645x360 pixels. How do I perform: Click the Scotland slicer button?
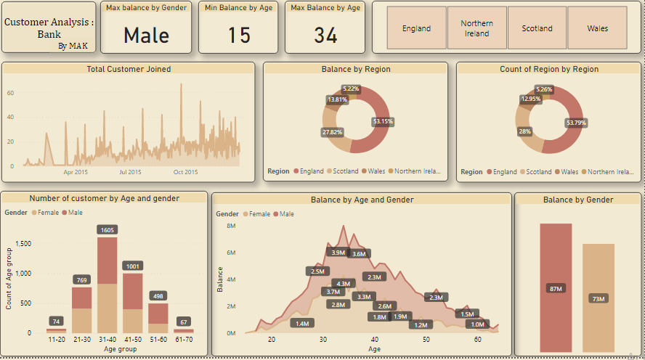tap(537, 28)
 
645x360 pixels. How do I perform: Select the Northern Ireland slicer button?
tap(476, 28)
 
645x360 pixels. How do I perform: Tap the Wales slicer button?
tap(597, 28)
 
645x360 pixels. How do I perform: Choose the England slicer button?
tap(416, 28)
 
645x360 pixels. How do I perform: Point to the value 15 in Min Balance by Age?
tap(238, 35)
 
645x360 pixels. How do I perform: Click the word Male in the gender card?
tap(146, 35)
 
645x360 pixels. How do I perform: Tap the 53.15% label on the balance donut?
tap(382, 121)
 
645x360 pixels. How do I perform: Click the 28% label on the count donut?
tap(524, 131)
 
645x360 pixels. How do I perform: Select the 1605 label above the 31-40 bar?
tap(107, 229)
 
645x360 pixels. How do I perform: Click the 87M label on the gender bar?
tap(556, 289)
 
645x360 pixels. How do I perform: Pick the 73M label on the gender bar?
tap(599, 298)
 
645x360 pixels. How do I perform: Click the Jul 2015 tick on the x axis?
tap(130, 172)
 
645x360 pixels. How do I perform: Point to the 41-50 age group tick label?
tap(132, 338)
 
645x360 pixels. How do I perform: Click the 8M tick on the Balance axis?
tap(231, 226)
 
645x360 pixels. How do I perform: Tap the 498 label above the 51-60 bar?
tap(158, 295)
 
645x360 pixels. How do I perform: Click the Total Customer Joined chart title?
tap(129, 69)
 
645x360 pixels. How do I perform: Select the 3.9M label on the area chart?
tap(338, 253)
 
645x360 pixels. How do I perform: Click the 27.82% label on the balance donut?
tap(333, 132)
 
